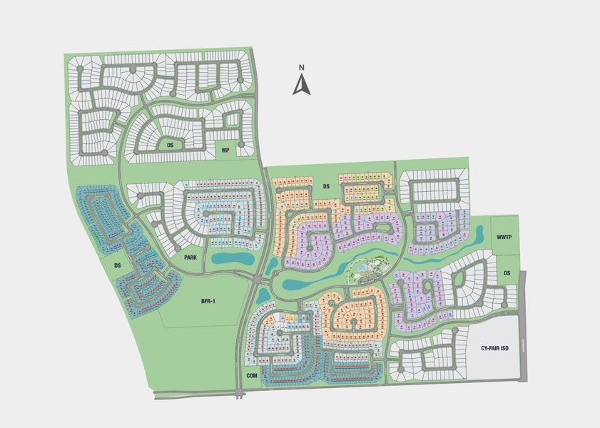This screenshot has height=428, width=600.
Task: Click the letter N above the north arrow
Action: tap(302, 68)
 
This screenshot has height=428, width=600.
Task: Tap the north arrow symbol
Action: tap(302, 86)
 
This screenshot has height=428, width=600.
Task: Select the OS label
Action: tap(170, 145)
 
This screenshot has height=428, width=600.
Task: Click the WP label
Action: tap(225, 151)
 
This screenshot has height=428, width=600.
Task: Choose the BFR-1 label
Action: tap(208, 302)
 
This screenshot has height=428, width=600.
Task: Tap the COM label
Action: tap(251, 375)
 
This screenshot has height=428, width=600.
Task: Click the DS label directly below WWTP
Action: tap(507, 273)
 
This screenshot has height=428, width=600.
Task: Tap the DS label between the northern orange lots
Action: tap(327, 186)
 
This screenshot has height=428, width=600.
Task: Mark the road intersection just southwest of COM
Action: tap(238, 392)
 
